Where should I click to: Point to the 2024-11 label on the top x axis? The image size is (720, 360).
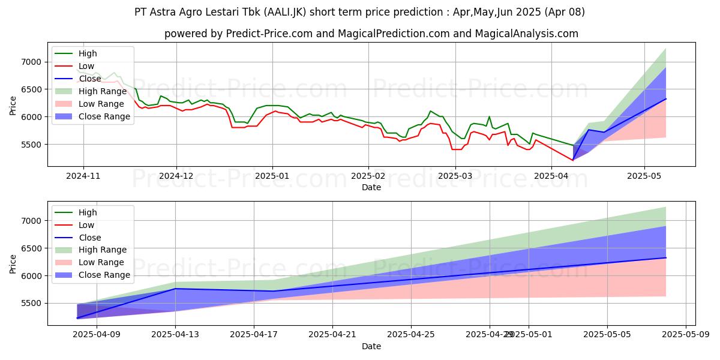click(x=83, y=176)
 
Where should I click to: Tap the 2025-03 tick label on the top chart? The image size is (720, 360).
click(x=455, y=176)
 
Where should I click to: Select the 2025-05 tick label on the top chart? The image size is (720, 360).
click(x=644, y=176)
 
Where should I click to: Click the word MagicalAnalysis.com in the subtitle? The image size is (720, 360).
click(x=527, y=34)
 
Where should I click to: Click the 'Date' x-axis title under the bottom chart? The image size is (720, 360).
click(x=371, y=346)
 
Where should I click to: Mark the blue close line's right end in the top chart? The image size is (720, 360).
click(x=666, y=99)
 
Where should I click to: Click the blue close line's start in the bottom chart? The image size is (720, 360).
click(x=77, y=318)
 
